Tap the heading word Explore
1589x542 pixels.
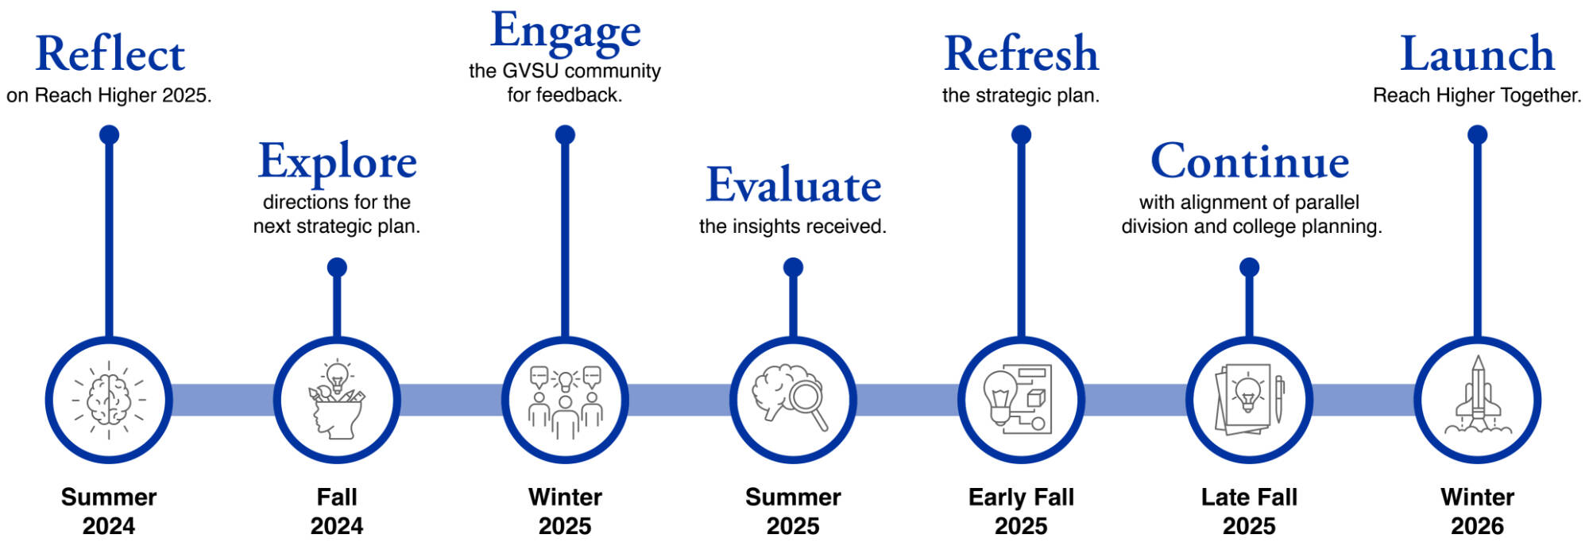(337, 161)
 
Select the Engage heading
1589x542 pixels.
(565, 32)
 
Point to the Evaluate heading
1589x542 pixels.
(793, 185)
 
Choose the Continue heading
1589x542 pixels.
(1250, 161)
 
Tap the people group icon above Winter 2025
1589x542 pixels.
(565, 401)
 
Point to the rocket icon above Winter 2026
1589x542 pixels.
(1477, 397)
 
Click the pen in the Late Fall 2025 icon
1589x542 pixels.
(1279, 399)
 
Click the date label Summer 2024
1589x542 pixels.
(109, 511)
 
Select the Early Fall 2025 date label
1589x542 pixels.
(1021, 511)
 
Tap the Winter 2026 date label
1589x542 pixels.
(1477, 511)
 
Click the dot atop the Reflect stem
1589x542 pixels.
(110, 135)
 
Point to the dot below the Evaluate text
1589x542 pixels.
(793, 267)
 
